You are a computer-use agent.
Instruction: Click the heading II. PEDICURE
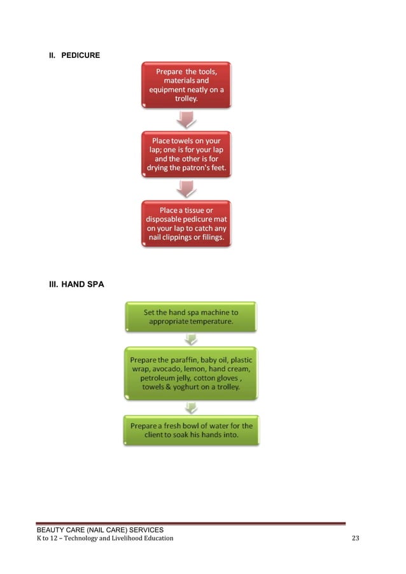74,55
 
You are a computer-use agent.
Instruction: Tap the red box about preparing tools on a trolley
186,85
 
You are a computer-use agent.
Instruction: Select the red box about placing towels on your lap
186,154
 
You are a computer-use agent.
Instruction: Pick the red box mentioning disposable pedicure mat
186,223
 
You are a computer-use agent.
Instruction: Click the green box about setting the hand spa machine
191,317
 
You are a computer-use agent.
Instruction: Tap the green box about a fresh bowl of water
191,430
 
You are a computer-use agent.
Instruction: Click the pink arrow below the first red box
186,119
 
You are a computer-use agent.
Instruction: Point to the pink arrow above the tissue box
186,188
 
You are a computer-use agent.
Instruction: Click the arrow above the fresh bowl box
191,407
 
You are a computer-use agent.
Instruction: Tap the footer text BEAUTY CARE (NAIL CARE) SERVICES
100,529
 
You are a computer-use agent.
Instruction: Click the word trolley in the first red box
186,99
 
